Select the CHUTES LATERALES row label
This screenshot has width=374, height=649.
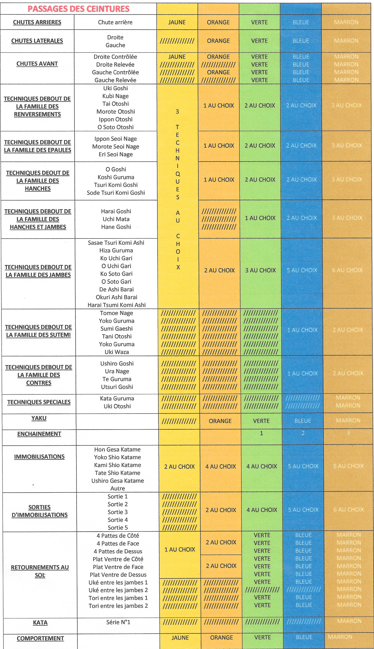pyautogui.click(x=37, y=41)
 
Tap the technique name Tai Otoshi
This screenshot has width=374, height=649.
pyautogui.click(x=116, y=104)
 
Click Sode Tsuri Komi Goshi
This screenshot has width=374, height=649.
pyautogui.click(x=116, y=193)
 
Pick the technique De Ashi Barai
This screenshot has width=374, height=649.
pyautogui.click(x=116, y=289)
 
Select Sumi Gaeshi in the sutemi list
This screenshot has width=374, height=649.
pyautogui.click(x=117, y=329)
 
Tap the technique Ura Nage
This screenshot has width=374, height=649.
pyautogui.click(x=117, y=371)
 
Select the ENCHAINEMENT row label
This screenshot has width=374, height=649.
pyautogui.click(x=39, y=434)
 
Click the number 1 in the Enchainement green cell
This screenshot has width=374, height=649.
pyautogui.click(x=262, y=433)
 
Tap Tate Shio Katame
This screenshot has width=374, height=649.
pyautogui.click(x=117, y=473)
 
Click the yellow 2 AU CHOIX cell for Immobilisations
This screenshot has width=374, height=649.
pyautogui.click(x=179, y=466)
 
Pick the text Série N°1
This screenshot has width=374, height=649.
pyautogui.click(x=118, y=622)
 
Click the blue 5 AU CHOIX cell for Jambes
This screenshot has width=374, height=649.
pyautogui.click(x=302, y=270)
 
